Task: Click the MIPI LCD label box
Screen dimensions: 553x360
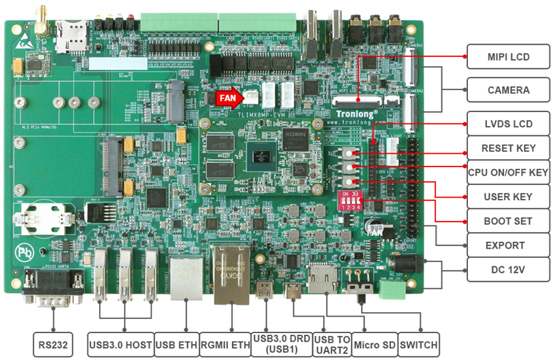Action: point(508,57)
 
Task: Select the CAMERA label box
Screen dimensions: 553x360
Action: point(508,90)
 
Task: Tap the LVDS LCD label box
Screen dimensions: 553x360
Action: point(508,124)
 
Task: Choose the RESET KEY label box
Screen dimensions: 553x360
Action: point(508,148)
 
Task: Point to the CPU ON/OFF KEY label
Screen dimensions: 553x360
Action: point(508,172)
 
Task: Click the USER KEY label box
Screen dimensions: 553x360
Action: point(508,197)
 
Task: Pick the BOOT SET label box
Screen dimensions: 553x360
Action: point(508,221)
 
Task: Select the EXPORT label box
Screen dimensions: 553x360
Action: point(508,246)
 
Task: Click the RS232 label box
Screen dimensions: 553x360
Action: point(53,345)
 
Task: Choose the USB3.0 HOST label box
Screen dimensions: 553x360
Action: point(121,345)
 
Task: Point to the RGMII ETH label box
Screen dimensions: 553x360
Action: point(225,345)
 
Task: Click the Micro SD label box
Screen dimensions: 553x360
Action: point(375,345)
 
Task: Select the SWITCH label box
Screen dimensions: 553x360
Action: point(420,345)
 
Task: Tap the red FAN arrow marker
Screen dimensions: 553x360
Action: point(228,97)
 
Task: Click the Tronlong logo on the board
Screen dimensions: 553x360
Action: point(357,113)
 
